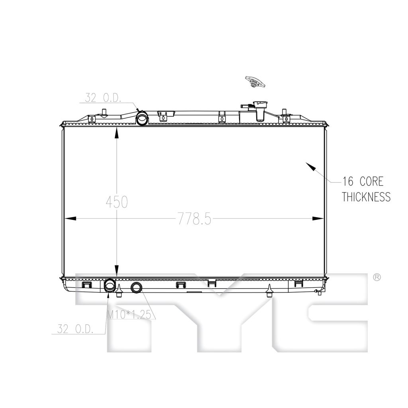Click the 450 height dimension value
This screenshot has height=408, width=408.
coord(117,202)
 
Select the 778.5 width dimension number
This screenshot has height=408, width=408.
coord(194,218)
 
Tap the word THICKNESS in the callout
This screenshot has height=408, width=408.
coord(366,197)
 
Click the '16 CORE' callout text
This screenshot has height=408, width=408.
coord(363,181)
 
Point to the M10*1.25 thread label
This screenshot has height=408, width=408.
coord(129,315)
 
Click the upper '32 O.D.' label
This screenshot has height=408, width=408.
coord(103,98)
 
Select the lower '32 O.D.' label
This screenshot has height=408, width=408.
coord(75,329)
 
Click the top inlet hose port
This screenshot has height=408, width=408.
coord(142,118)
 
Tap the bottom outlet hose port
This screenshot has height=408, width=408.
coord(110,285)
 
